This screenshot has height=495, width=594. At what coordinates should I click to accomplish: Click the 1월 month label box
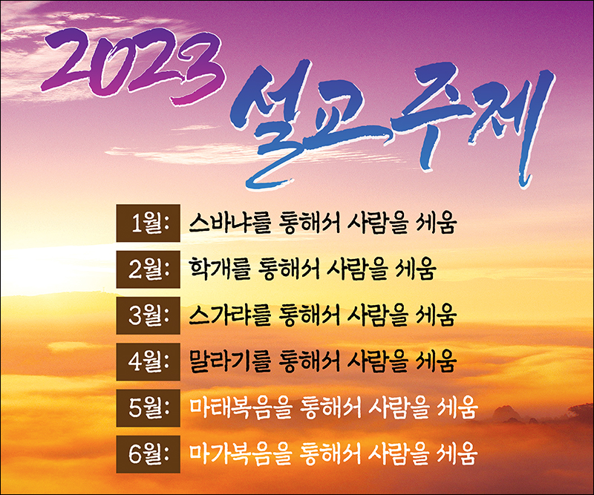coord(148,223)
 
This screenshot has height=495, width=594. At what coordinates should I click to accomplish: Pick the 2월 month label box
coord(148,269)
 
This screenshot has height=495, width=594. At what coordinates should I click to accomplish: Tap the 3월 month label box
coord(148,315)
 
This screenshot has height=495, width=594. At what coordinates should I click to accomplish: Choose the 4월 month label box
coord(148,361)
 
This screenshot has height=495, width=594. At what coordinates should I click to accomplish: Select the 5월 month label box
coord(148,408)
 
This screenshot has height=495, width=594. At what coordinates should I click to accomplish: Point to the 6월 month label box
coord(148,454)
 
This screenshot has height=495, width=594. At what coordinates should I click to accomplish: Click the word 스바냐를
coord(229,223)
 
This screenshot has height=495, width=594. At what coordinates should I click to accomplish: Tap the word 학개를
coord(220,269)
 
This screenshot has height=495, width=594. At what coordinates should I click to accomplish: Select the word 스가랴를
coord(229,315)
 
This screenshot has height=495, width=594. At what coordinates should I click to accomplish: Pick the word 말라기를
coord(229,361)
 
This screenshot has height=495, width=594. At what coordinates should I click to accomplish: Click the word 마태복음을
coord(240,408)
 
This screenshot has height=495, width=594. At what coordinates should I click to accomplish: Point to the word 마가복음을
coord(240,454)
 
